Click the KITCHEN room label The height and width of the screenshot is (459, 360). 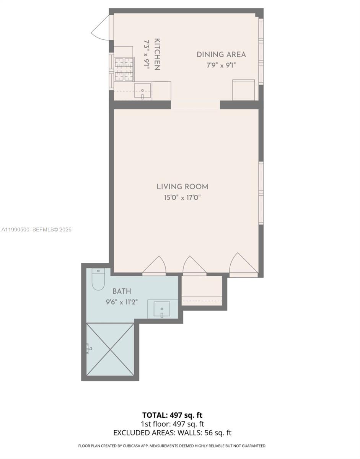[156, 54]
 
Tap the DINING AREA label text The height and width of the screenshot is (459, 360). [221, 54]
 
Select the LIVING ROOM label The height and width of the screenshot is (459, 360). [182, 187]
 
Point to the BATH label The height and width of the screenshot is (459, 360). [122, 291]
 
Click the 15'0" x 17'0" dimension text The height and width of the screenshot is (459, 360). [182, 198]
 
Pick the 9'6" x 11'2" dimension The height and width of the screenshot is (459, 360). [122, 302]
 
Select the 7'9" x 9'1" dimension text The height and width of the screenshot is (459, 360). [221, 65]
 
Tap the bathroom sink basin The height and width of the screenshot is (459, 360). [162, 309]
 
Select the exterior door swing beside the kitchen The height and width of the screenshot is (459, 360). [101, 28]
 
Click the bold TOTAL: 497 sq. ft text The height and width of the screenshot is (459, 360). [173, 415]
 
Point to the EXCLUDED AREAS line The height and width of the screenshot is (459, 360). [173, 433]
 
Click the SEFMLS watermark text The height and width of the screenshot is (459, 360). [52, 229]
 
